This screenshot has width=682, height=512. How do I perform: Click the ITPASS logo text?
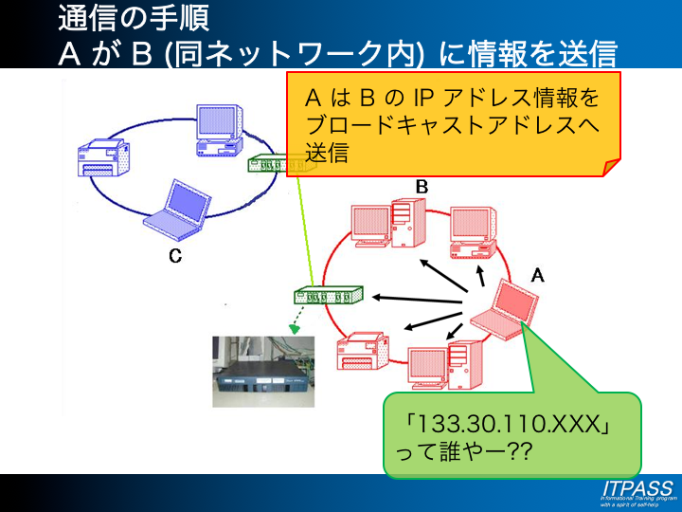[637, 486]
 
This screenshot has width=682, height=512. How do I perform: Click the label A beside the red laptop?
[537, 275]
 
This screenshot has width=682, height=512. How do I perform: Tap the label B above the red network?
[422, 188]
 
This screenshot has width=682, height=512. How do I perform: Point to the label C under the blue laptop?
[175, 255]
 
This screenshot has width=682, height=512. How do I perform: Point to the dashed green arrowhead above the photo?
[295, 329]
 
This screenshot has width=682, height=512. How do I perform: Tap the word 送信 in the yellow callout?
[328, 152]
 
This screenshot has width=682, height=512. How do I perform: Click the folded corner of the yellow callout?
[611, 167]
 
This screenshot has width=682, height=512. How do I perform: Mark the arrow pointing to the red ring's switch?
[417, 299]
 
